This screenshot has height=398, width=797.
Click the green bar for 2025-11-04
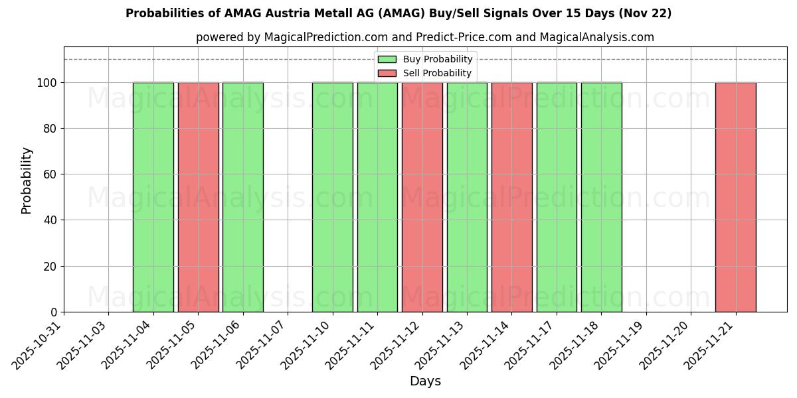pos(153,197)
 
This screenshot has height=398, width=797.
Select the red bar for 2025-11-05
pos(198,197)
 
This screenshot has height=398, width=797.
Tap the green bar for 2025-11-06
pos(243,197)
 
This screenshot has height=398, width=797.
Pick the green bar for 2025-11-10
pos(333,197)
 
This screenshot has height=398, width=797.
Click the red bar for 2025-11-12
pos(422,197)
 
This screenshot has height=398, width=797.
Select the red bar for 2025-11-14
pos(512,197)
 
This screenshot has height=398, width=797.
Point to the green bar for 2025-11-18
pos(602,197)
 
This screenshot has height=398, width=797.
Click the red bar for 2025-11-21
pos(736,197)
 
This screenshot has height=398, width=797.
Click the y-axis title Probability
pos(27,180)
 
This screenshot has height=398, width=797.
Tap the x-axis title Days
pos(425,381)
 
